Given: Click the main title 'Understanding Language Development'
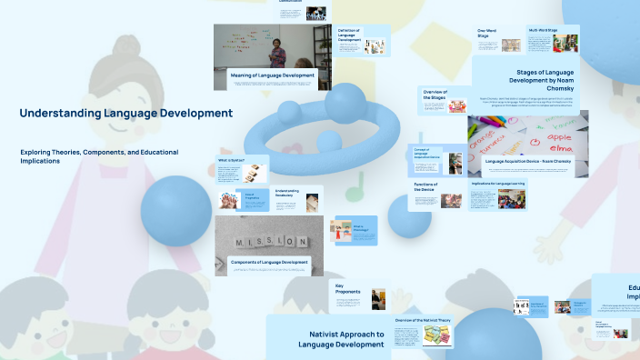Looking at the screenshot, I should point(125,114).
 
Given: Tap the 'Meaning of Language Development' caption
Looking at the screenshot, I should point(272,75).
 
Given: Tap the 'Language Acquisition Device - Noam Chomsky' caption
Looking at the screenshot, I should point(528,160).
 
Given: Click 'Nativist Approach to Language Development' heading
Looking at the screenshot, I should point(331,339).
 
